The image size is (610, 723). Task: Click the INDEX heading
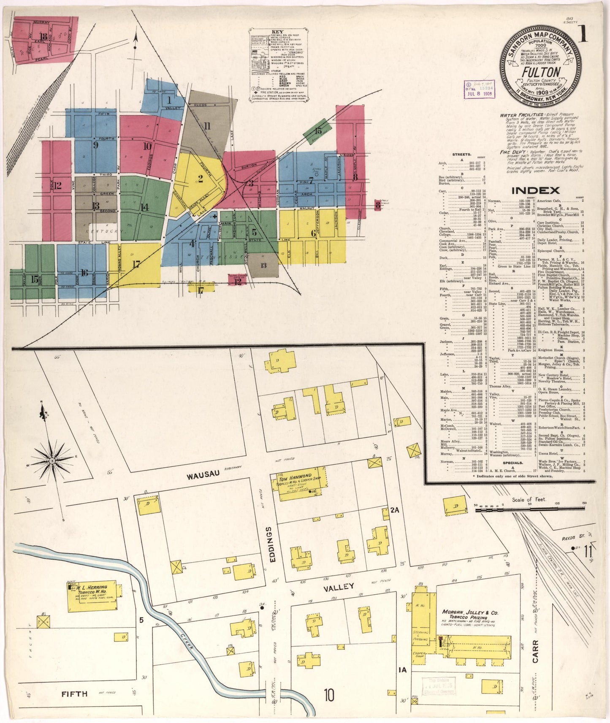(x=535, y=190)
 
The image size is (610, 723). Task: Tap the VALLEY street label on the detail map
(x=338, y=587)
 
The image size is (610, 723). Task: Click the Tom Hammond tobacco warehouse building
(x=301, y=483)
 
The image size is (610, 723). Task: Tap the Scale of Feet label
(x=529, y=500)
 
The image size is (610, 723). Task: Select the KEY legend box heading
(x=277, y=32)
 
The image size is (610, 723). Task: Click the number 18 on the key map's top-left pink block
(x=43, y=37)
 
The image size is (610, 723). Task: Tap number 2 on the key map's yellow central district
(x=201, y=179)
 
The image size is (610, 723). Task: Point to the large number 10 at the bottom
(x=330, y=694)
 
